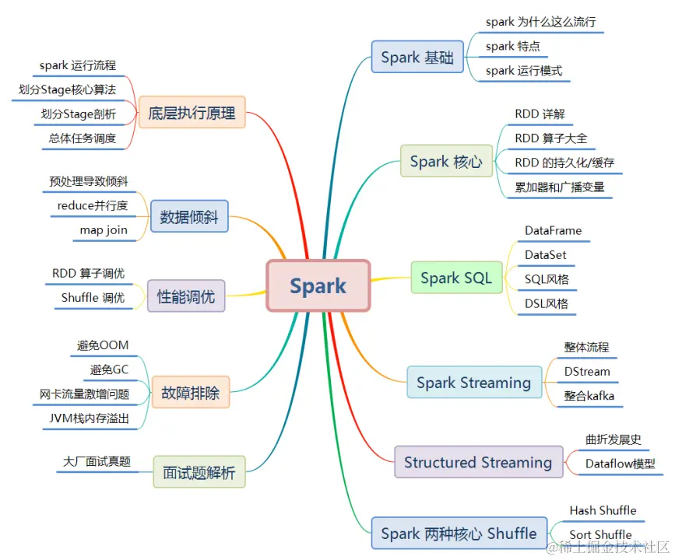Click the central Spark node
point(318,285)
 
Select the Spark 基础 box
point(417,58)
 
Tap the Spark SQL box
point(456,278)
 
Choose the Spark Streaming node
point(473,383)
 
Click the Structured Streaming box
point(478,463)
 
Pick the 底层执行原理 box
point(192,113)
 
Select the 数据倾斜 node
point(189,217)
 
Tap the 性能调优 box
point(186,296)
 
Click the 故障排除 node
point(191,392)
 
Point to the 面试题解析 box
point(199,471)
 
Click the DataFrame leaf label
point(553,231)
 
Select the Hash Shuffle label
point(603,510)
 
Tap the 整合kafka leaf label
point(589,396)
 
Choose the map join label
point(104,229)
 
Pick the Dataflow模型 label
point(620,464)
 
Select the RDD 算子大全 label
point(551,138)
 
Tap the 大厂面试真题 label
point(97,461)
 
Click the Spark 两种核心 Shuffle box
point(458,534)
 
